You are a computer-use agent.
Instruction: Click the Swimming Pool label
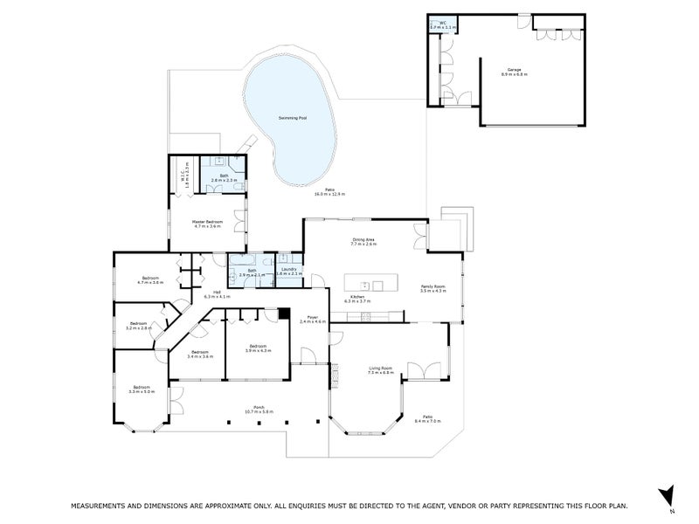(x=293, y=116)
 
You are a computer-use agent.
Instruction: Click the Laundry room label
(x=289, y=272)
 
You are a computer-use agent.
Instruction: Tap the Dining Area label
(x=363, y=242)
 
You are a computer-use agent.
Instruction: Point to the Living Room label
(x=380, y=370)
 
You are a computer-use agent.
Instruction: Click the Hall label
(x=217, y=294)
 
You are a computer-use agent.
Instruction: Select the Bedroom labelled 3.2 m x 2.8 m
(x=139, y=326)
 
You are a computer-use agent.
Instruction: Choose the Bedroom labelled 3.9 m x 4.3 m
(x=258, y=348)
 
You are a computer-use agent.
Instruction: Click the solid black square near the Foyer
(x=283, y=314)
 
